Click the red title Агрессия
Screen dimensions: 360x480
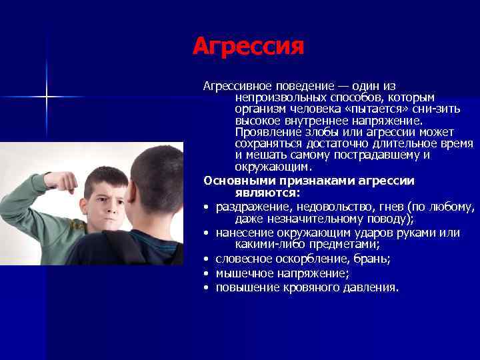(x=248, y=47)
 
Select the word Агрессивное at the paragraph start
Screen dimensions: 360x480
(x=235, y=87)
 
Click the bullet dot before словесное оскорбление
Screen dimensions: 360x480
(x=207, y=259)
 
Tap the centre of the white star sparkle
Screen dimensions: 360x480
(x=47, y=97)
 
